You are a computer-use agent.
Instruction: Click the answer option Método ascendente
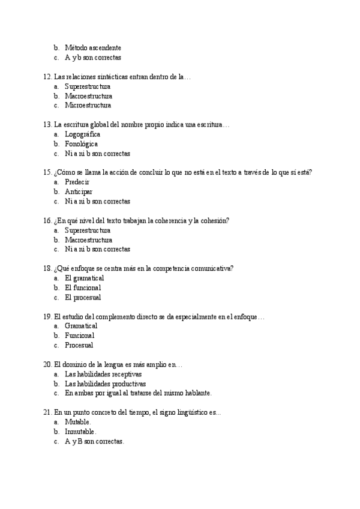92,47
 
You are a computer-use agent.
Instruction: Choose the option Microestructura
88,106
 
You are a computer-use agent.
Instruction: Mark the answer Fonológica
81,144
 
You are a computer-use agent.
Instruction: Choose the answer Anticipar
79,191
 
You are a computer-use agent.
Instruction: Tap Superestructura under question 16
88,230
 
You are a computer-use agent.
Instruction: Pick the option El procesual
83,297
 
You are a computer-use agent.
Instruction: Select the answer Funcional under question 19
80,336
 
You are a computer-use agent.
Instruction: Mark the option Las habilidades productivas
105,384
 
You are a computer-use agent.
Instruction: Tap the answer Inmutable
80,432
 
